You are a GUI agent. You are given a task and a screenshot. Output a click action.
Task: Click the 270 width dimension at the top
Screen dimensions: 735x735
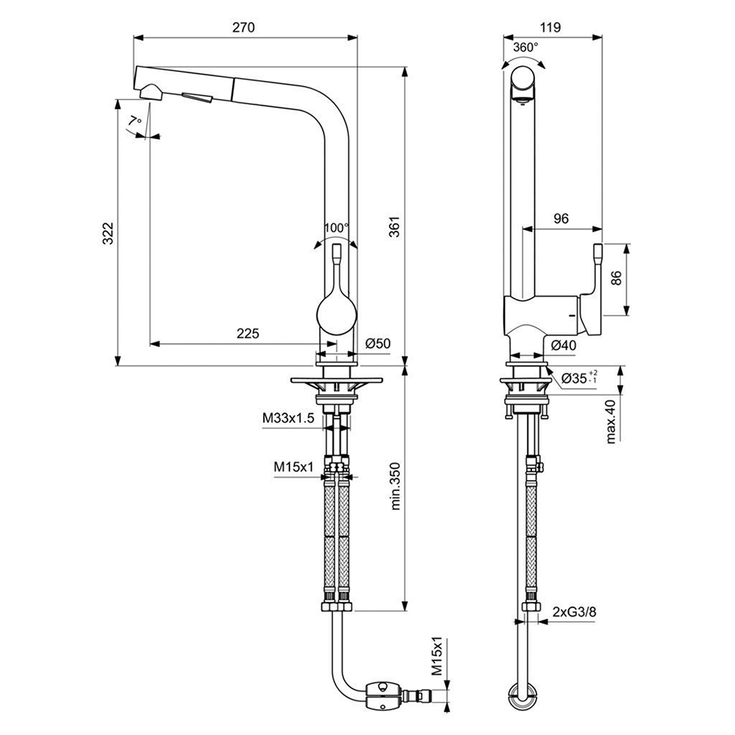pos(243,28)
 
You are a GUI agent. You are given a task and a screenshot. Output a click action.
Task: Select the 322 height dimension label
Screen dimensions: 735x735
pos(107,233)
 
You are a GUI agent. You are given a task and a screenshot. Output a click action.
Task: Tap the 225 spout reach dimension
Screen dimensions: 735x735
pos(248,334)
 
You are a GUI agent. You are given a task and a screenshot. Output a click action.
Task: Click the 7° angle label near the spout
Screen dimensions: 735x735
pos(134,121)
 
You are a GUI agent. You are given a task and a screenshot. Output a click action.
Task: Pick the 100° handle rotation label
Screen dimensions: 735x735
pos(337,228)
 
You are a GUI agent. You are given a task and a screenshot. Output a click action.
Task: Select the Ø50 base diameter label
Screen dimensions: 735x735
pos(377,343)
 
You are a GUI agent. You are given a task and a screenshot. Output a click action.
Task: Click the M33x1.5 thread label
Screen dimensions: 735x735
pos(288,419)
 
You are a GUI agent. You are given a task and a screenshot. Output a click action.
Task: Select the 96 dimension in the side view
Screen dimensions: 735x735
pos(561,218)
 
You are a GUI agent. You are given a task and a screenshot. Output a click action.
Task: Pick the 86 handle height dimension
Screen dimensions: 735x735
pos(617,279)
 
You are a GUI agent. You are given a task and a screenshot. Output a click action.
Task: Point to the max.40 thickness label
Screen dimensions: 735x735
pos(611,421)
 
